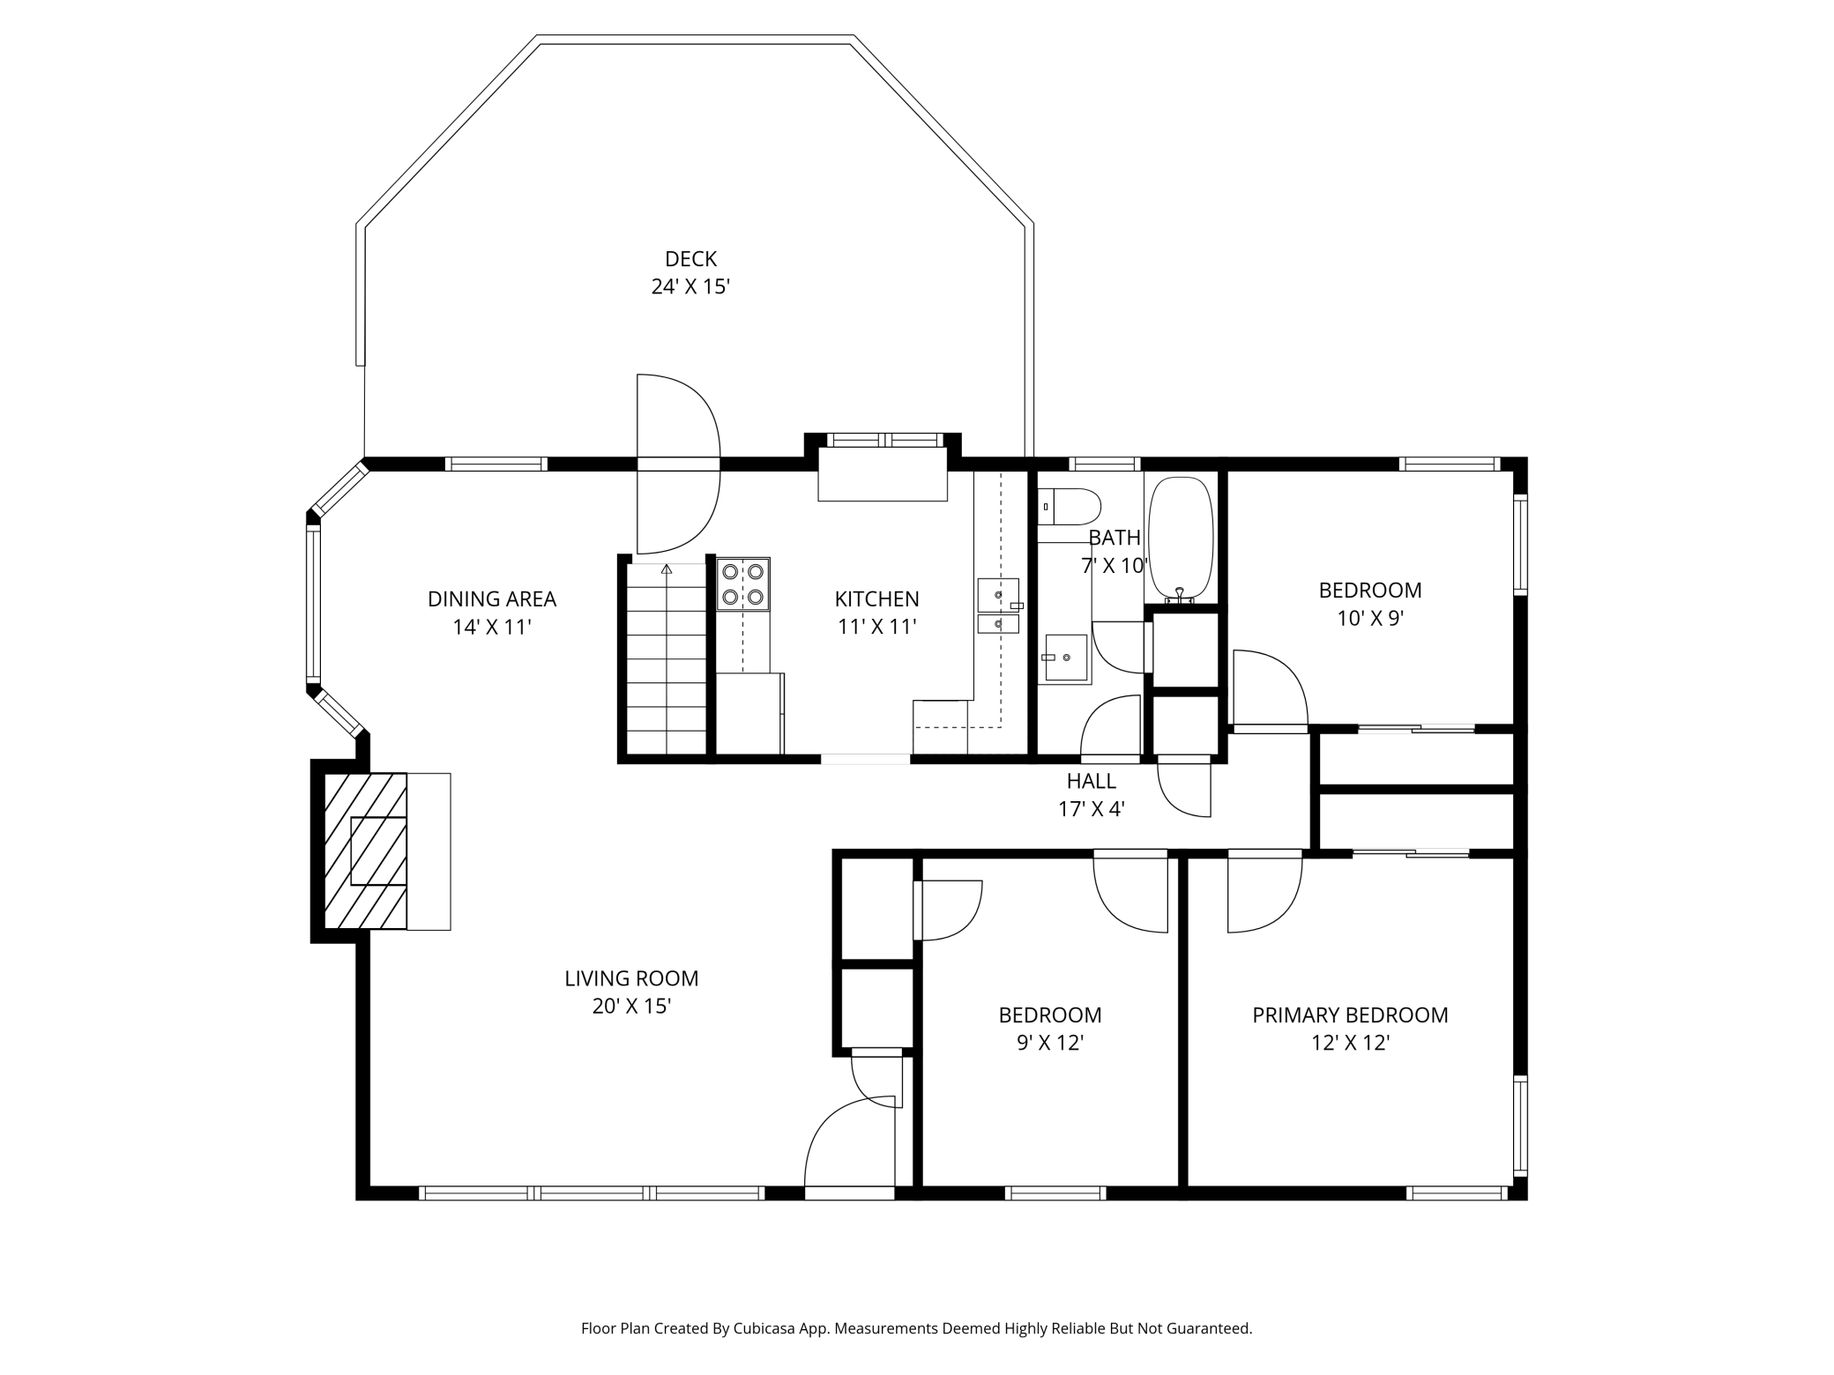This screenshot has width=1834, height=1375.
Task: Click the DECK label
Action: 690,259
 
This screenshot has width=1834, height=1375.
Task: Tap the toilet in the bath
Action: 1069,507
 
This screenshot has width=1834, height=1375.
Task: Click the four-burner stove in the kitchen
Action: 742,583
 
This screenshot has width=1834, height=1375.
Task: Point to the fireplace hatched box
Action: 366,851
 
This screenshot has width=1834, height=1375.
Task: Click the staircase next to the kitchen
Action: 667,658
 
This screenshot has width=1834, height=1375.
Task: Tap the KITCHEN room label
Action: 876,599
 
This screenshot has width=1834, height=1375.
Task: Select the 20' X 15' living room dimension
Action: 631,1007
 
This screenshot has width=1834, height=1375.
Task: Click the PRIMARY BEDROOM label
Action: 1350,1015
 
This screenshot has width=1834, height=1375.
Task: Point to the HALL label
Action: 1092,781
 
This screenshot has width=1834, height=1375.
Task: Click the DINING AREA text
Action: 492,599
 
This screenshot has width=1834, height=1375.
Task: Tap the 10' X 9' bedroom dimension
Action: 1370,619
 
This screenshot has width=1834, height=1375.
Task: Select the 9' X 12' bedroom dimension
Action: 1050,1044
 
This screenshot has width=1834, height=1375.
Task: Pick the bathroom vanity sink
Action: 1066,658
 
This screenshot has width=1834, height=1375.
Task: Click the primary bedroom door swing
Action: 1264,892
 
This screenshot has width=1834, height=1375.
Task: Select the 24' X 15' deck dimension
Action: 690,287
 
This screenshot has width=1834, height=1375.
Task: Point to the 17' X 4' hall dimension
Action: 1092,809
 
